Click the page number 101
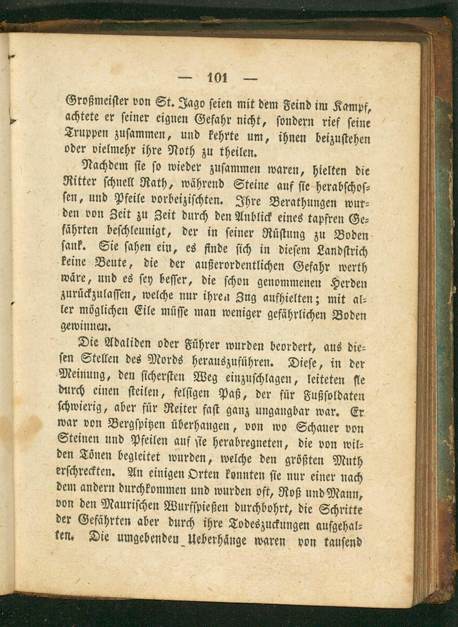point(218,77)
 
